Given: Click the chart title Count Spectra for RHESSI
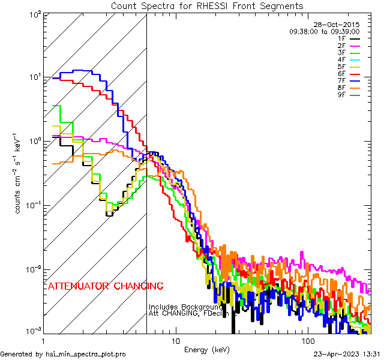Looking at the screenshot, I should point(207,6).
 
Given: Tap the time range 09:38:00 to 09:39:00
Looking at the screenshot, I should point(324,31).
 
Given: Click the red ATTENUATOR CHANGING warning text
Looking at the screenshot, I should point(105,286).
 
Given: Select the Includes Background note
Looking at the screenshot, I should point(185,307).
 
